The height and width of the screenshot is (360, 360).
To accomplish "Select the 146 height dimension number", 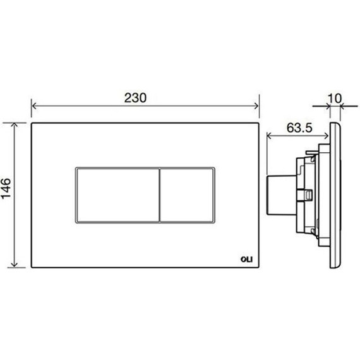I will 7,189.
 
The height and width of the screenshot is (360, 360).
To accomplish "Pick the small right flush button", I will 187,195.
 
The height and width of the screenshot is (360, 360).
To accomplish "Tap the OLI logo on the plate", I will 246,257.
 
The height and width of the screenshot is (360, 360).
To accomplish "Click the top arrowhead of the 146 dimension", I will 18,125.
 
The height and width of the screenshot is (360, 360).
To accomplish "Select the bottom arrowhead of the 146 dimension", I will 18,267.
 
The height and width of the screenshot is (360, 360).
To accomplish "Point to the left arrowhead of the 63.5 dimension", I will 271,135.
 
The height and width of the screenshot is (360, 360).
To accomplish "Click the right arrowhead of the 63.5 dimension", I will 328,135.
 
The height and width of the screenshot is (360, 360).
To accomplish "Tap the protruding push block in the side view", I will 278,195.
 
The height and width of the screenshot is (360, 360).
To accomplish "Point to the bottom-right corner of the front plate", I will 259,270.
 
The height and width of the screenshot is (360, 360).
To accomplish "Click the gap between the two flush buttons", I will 159,195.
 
